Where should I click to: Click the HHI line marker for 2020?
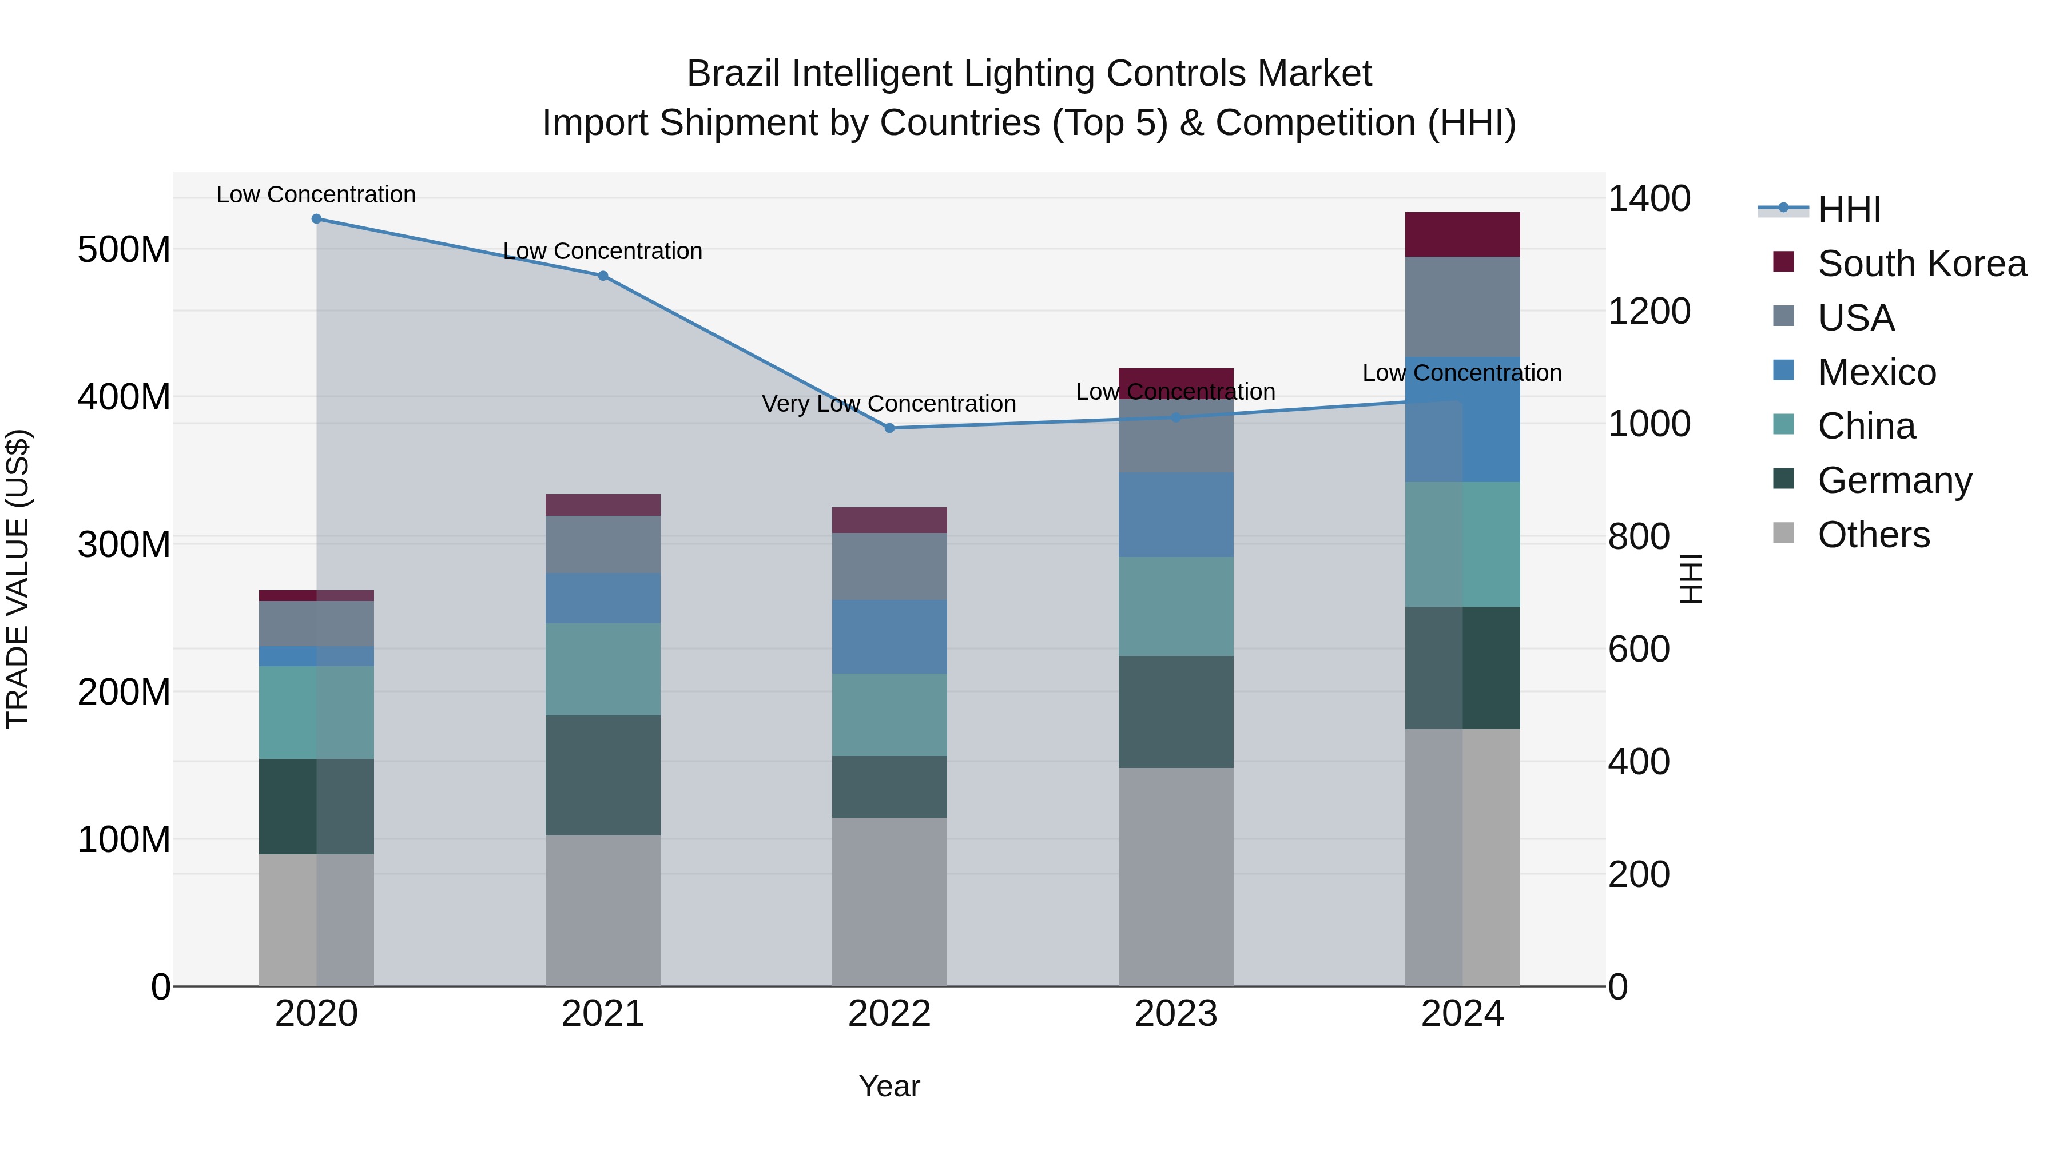pyautogui.click(x=316, y=218)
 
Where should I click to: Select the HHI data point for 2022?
pyautogui.click(x=889, y=428)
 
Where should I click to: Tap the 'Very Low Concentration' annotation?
pyautogui.click(x=889, y=404)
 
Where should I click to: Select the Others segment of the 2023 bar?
pyautogui.click(x=1176, y=877)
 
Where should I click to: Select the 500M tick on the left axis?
pyautogui.click(x=124, y=249)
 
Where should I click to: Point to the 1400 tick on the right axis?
pyautogui.click(x=1649, y=198)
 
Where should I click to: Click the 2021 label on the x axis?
pyautogui.click(x=603, y=1014)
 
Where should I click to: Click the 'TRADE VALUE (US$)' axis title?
pyautogui.click(x=18, y=579)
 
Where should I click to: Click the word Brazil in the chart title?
pyautogui.click(x=734, y=74)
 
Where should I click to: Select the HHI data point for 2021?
pyautogui.click(x=603, y=276)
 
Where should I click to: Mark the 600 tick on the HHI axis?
pyautogui.click(x=1639, y=649)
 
